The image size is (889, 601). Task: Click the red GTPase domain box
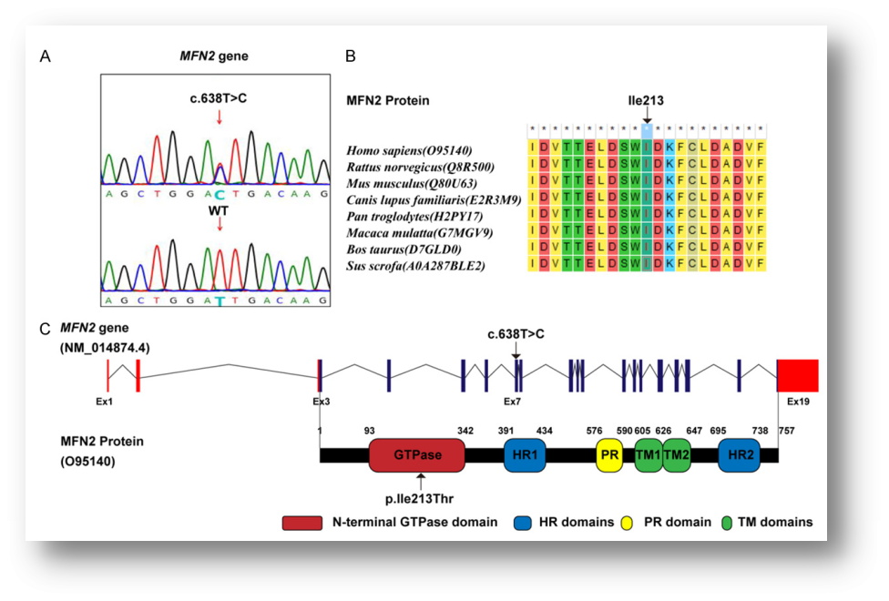point(415,453)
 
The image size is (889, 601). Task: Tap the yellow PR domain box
point(609,453)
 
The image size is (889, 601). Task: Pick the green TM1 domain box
point(648,453)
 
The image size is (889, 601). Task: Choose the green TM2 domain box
point(676,453)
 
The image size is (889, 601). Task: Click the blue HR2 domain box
point(738,453)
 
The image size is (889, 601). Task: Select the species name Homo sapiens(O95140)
point(408,149)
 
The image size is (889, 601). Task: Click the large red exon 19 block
point(797,375)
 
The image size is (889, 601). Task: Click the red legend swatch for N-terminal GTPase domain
point(301,523)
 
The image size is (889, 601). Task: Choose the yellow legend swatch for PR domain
point(623,523)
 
